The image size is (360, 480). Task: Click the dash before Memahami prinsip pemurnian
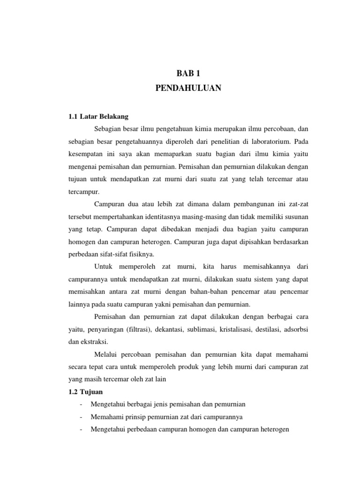click(x=82, y=417)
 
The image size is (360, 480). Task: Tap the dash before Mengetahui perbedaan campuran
click(x=82, y=429)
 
